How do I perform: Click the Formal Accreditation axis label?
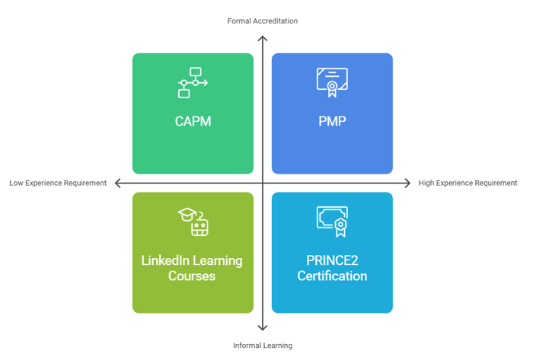[x=262, y=21]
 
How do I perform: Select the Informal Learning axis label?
[x=262, y=346]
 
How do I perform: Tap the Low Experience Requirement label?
[x=58, y=183]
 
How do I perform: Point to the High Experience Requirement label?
[x=468, y=183]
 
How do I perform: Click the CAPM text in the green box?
[x=193, y=121]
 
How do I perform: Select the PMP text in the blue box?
[x=332, y=121]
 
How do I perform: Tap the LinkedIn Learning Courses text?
[x=192, y=268]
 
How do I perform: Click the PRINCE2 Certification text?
[x=332, y=268]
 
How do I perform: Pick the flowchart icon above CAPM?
[x=193, y=83]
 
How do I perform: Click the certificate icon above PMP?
[x=332, y=83]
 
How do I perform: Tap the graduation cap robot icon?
[x=193, y=221]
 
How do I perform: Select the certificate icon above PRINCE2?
[x=332, y=221]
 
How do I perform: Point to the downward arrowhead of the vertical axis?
[x=263, y=328]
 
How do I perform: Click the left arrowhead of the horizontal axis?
[x=116, y=183]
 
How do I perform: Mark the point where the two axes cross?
[x=263, y=183]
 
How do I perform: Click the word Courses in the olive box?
[x=192, y=276]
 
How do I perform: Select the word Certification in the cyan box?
[x=332, y=276]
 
